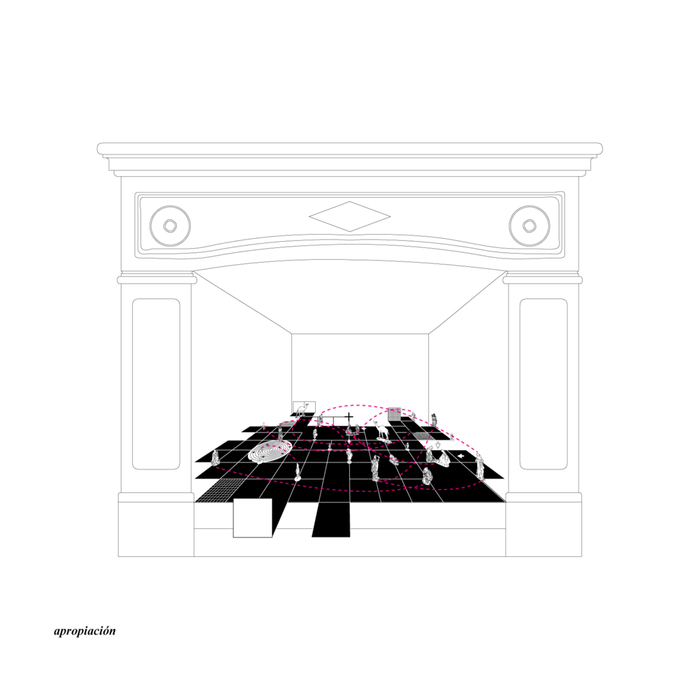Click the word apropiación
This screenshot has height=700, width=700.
pyautogui.click(x=85, y=631)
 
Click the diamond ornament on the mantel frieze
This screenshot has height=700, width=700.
pyautogui.click(x=349, y=217)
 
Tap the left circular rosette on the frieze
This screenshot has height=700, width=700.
pyautogui.click(x=170, y=226)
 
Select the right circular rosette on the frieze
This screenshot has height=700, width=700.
pyautogui.click(x=530, y=226)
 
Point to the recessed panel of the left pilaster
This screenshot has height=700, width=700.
pyautogui.click(x=156, y=384)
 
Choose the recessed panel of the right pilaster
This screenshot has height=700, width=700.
pyautogui.click(x=544, y=384)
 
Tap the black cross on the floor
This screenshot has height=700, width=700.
pyautogui.click(x=349, y=419)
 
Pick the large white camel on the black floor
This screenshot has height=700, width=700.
pyautogui.click(x=382, y=430)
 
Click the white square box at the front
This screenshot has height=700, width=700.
pyautogui.click(x=253, y=518)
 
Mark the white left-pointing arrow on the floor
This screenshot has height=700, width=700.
pyautogui.click(x=461, y=455)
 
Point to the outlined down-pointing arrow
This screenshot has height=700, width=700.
pyautogui.click(x=438, y=445)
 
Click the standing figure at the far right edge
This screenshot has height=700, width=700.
pyautogui.click(x=480, y=466)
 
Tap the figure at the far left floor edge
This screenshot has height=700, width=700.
pyautogui.click(x=215, y=457)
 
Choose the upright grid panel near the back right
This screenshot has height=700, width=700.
pyautogui.click(x=394, y=414)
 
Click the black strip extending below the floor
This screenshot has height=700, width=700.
pyautogui.click(x=332, y=520)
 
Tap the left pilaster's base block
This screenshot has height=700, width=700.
pyautogui.click(x=156, y=525)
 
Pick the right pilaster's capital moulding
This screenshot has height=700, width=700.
pyautogui.click(x=542, y=278)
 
